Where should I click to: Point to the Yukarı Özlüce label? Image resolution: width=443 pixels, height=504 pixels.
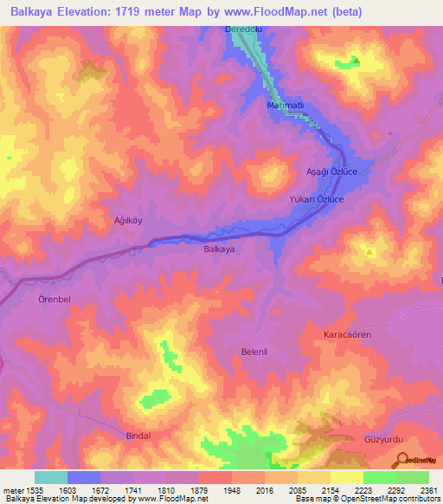(317, 199)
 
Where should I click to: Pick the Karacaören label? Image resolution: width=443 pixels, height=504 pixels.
(347, 333)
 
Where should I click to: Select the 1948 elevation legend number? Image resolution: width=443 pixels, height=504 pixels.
(232, 490)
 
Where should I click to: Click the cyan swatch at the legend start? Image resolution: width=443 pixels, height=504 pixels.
(50, 477)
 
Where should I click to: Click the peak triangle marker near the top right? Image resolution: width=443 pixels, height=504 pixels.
(355, 61)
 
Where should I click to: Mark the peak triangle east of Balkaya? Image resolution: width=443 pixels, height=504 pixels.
(370, 253)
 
